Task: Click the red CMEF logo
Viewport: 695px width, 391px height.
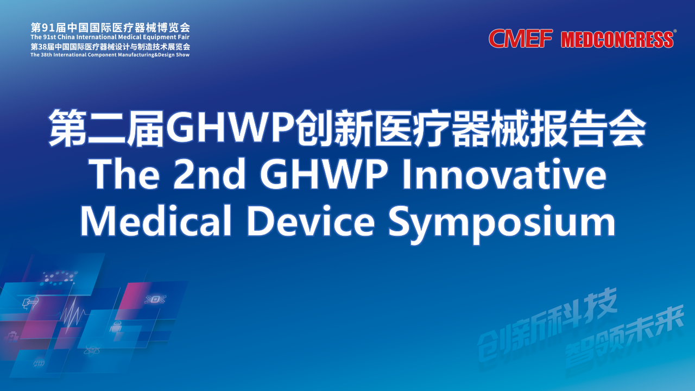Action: pos(521,39)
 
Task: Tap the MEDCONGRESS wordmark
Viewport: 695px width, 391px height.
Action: pos(617,40)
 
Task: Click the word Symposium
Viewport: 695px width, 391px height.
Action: pos(502,223)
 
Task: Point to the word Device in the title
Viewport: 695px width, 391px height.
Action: pos(311,220)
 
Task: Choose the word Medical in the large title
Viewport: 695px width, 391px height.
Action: pos(156,220)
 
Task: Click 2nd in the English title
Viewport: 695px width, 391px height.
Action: pos(210,174)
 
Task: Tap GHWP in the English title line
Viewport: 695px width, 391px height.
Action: pos(324,174)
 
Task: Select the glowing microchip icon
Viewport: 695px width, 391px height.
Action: pos(155,299)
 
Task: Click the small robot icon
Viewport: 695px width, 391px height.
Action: pos(116,327)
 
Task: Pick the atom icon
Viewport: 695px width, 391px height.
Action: pos(92,350)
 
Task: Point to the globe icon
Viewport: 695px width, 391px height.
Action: pos(39,363)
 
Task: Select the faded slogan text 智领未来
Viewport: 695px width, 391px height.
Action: pos(624,337)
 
